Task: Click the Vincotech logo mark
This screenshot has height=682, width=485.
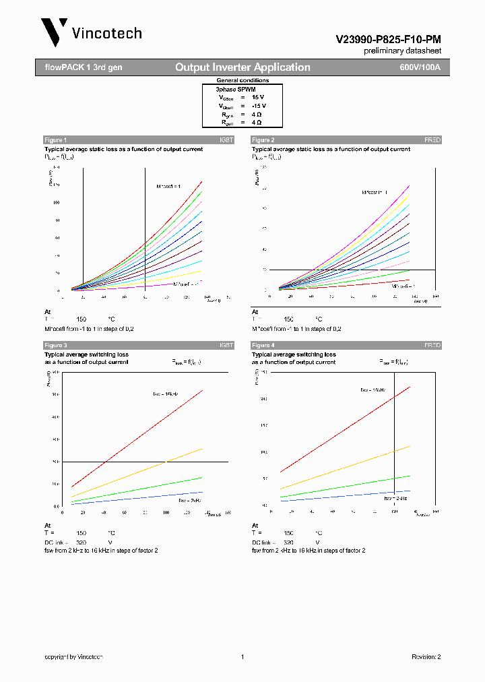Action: click(54, 32)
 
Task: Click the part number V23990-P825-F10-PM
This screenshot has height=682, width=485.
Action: click(389, 40)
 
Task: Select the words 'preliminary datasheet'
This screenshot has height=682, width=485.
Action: click(403, 51)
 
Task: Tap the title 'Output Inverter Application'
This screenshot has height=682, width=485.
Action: click(243, 67)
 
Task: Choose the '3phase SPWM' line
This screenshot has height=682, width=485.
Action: click(235, 89)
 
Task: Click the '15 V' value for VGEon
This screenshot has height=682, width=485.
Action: click(259, 98)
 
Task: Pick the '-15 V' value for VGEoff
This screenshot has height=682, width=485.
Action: click(259, 106)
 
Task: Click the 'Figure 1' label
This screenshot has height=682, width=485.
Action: click(55, 140)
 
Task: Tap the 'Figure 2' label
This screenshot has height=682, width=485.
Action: click(263, 140)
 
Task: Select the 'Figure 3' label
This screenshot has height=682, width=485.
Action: click(55, 345)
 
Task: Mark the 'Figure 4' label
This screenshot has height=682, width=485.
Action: click(263, 345)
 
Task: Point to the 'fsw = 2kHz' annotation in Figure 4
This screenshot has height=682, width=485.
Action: click(395, 498)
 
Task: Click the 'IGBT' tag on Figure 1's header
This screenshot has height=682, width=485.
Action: click(226, 140)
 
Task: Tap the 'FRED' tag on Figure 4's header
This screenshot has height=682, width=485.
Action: click(432, 345)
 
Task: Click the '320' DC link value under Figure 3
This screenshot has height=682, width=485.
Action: click(82, 542)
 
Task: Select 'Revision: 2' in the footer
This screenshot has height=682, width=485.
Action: click(426, 656)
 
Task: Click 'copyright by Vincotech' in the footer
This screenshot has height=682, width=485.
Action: click(73, 656)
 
